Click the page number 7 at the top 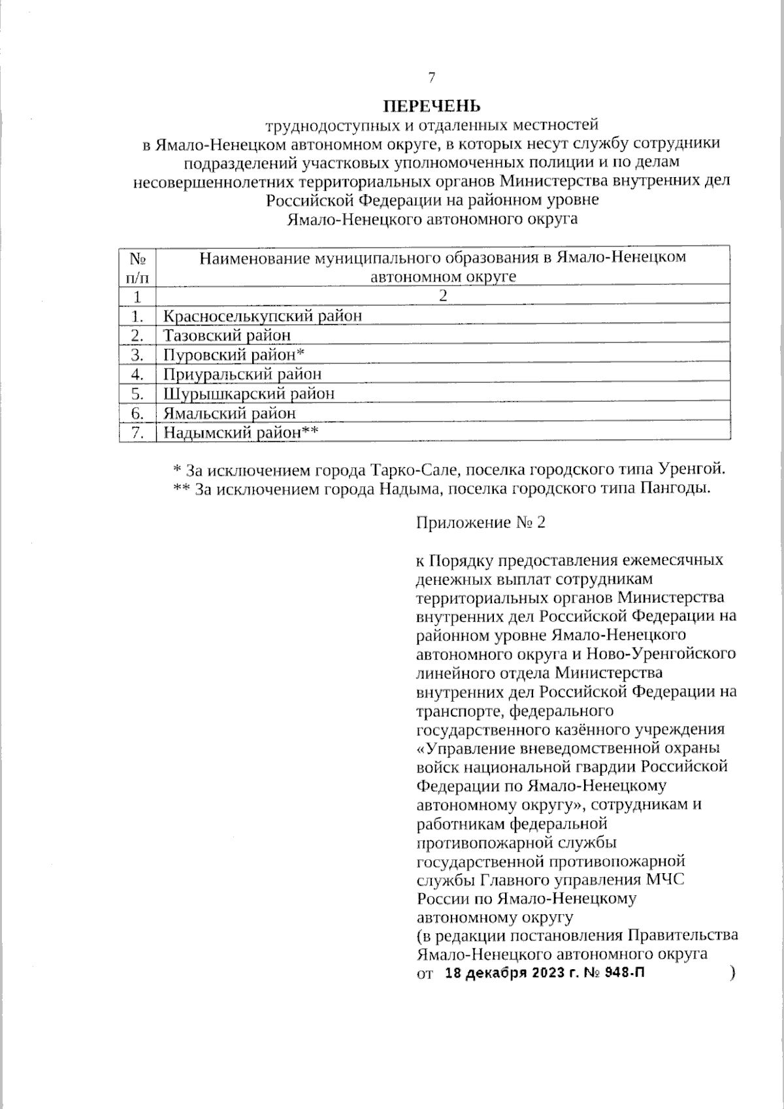431,78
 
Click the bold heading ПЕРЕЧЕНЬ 431,105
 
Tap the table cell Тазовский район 227,336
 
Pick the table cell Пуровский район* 235,355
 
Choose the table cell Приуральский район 242,374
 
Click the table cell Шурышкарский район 249,394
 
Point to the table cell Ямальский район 229,414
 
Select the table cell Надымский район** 240,433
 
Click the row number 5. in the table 137,394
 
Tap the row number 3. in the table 137,355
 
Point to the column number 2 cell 443,296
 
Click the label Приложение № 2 480,523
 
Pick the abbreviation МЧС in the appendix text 666,880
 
